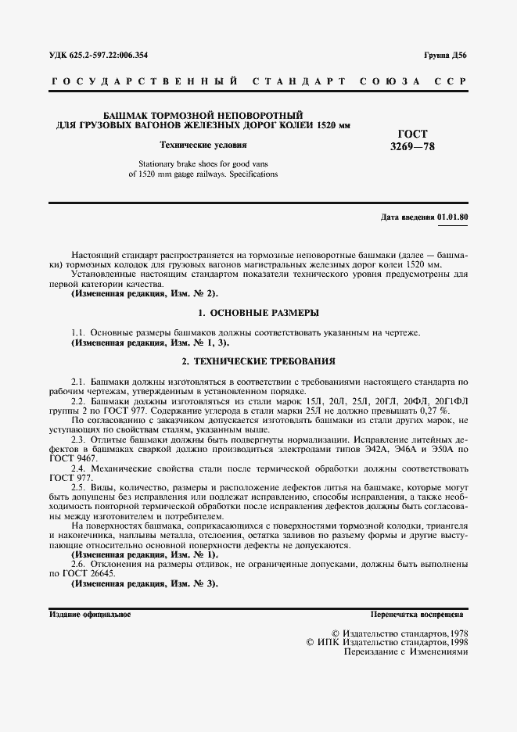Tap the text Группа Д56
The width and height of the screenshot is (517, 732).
pos(447,56)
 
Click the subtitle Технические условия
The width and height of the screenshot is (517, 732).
pos(203,145)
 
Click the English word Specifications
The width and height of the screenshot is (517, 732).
pos(252,174)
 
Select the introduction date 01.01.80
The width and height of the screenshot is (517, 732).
pos(453,216)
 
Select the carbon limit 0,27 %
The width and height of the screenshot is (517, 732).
pos(434,411)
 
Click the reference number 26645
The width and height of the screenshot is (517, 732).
pos(102,573)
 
